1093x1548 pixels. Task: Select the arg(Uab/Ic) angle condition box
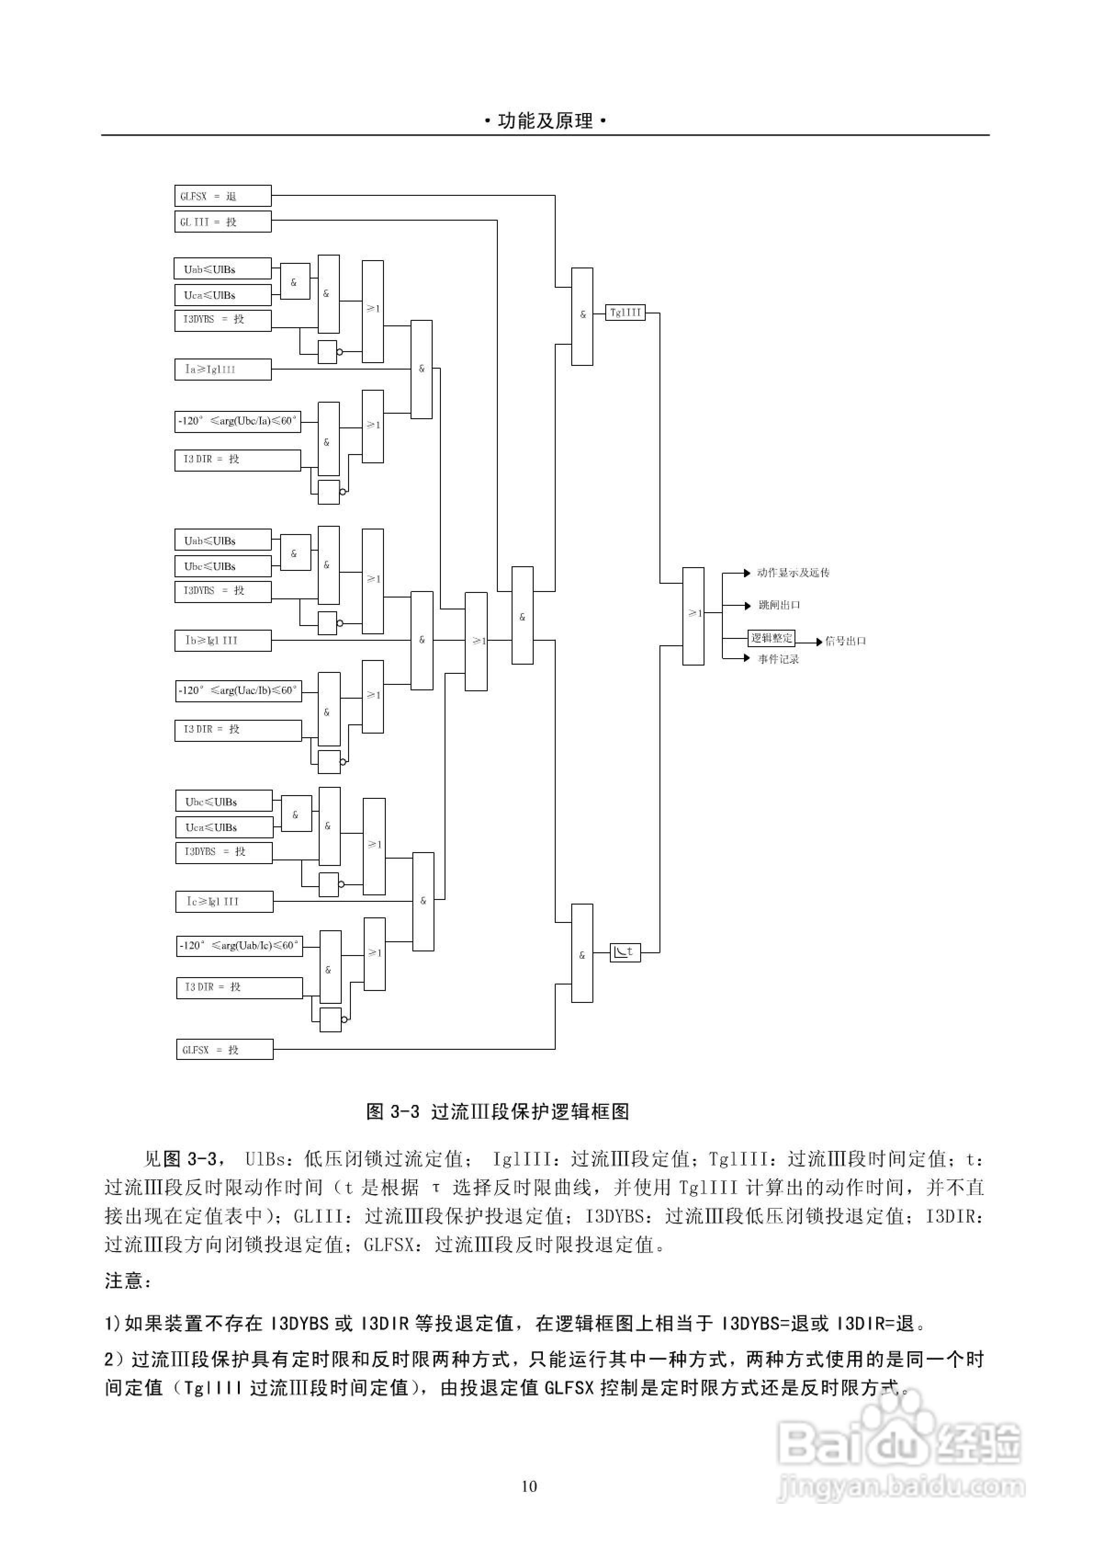(239, 946)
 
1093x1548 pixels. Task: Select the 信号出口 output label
(845, 641)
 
